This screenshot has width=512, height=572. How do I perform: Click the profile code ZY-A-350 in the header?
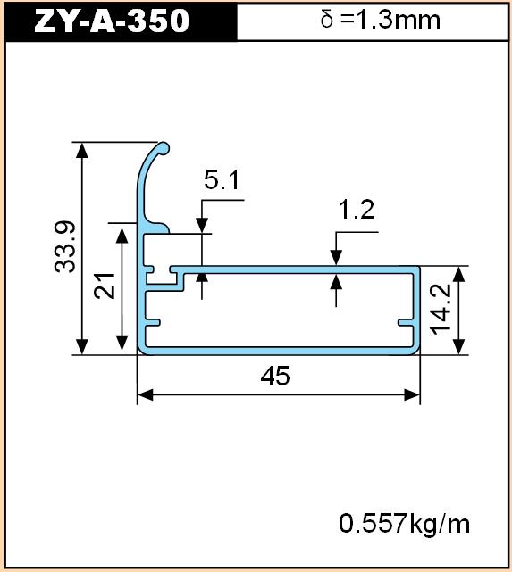tap(112, 21)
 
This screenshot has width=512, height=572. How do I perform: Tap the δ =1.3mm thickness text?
tap(380, 20)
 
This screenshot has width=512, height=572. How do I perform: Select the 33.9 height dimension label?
tap(65, 246)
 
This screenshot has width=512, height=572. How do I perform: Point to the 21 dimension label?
tap(105, 286)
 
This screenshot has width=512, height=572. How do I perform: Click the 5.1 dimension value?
tap(222, 180)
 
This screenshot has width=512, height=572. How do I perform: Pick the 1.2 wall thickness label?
tap(357, 210)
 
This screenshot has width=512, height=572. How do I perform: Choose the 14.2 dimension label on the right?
tap(441, 310)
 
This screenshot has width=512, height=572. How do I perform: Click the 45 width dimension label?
tap(275, 376)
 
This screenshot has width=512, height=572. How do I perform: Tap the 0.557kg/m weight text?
tap(404, 524)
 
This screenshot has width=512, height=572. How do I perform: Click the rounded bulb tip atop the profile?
tap(164, 148)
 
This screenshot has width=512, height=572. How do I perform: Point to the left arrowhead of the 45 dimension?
tap(145, 394)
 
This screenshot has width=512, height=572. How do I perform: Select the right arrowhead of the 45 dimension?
tap(412, 394)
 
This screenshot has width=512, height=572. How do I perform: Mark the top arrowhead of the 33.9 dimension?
tap(82, 150)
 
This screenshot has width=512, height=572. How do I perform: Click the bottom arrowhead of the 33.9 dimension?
tap(82, 346)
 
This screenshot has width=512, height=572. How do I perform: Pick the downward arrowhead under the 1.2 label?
tap(336, 258)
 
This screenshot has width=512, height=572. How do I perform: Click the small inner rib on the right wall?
tap(406, 322)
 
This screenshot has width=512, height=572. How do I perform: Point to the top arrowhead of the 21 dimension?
tap(122, 235)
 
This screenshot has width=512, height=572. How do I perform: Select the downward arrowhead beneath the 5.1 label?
tap(202, 225)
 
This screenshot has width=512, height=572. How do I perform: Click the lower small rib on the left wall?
tap(153, 322)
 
